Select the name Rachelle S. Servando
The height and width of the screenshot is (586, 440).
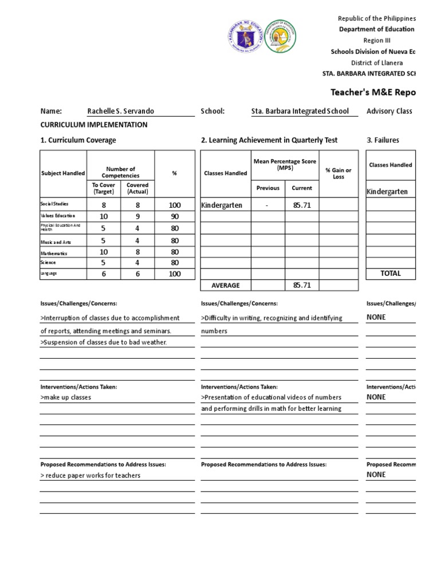(120, 111)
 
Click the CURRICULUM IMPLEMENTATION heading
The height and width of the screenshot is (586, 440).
(93, 125)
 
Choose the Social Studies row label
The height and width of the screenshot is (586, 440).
(55, 204)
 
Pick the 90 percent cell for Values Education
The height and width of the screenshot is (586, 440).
(175, 216)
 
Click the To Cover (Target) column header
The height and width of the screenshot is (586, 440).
(104, 189)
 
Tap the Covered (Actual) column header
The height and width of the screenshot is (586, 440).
(137, 189)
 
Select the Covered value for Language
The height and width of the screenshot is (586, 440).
(137, 274)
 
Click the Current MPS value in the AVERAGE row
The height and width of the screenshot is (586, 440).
(301, 285)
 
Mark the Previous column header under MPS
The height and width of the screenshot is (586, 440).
(268, 188)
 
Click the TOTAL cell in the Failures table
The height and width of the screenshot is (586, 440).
(391, 274)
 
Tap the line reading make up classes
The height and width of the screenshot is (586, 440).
(66, 397)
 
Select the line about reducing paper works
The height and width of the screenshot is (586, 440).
(90, 476)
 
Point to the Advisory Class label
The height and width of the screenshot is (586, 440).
(390, 111)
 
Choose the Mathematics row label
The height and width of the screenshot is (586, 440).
(53, 253)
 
